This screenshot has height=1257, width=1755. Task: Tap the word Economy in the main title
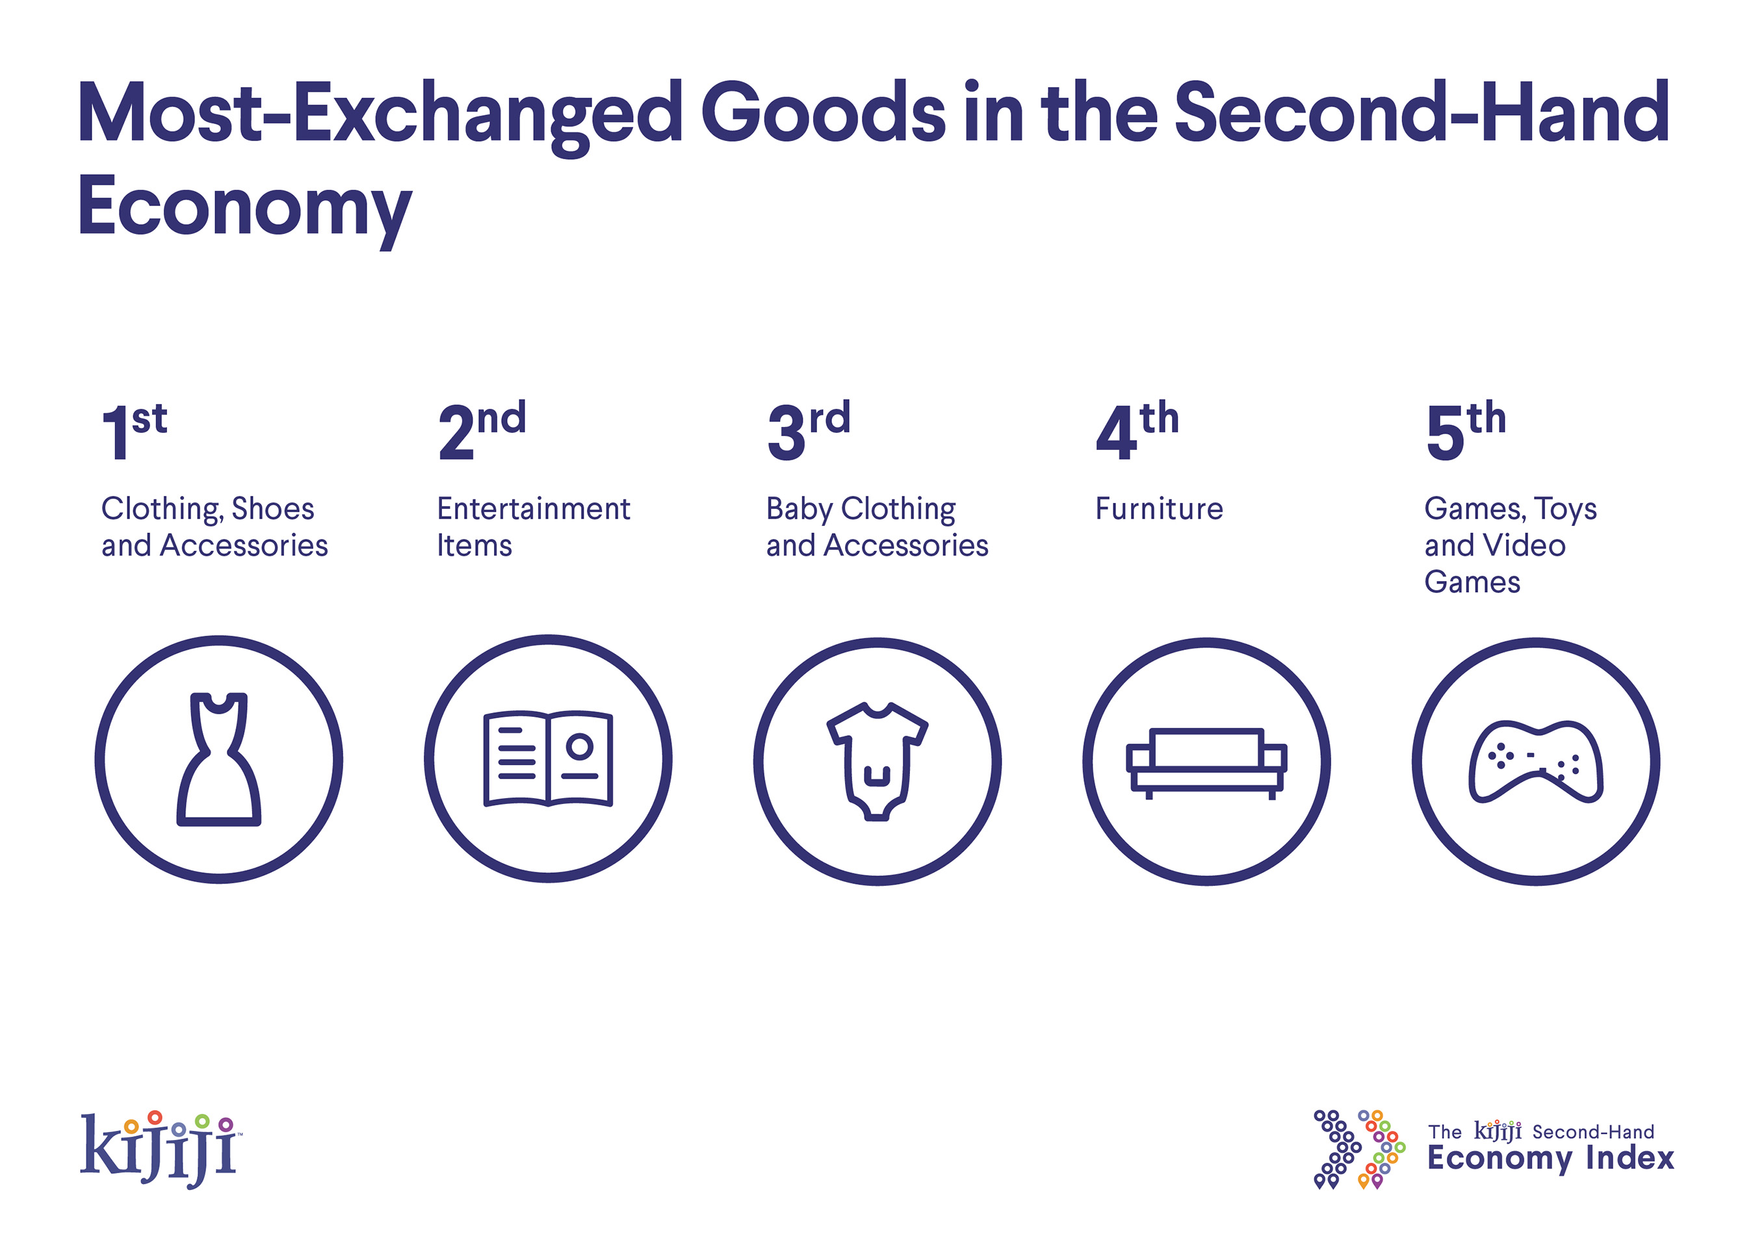(244, 207)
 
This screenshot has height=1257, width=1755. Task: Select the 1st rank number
(134, 431)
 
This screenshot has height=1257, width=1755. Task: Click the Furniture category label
(1159, 509)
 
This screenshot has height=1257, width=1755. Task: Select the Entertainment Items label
(533, 526)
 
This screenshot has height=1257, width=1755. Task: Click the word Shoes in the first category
(273, 509)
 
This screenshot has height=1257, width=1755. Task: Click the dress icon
(219, 760)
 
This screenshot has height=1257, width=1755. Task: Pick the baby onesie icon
(877, 761)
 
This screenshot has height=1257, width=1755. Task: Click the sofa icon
(1206, 762)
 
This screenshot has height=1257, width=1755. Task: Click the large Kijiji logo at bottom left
(161, 1148)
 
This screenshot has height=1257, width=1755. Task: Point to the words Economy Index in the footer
(1551, 1159)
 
